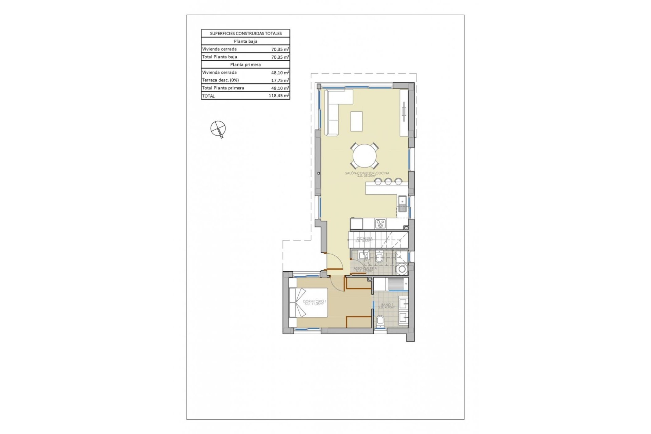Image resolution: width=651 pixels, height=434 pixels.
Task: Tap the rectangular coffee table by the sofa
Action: (356, 121)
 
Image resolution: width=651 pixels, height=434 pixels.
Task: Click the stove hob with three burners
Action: (380, 224)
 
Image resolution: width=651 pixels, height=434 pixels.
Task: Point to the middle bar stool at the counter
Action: (388, 182)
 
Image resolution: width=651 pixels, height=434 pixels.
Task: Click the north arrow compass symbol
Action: (218, 129)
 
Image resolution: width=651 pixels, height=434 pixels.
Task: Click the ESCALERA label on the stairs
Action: (364, 239)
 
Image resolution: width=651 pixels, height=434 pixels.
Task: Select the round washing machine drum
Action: (402, 269)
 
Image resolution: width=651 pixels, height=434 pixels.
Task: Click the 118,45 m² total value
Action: (279, 96)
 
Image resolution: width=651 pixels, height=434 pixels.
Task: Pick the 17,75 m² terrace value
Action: (280, 80)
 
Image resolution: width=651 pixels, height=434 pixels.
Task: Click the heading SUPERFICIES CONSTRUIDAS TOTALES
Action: (245, 34)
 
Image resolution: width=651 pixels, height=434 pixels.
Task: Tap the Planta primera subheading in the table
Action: (245, 64)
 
